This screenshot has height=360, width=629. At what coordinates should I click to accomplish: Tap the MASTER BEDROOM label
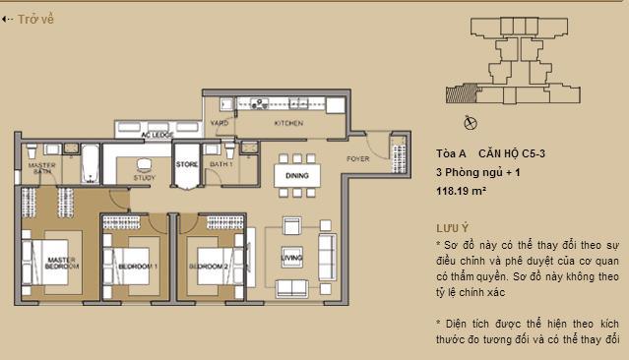point(61,263)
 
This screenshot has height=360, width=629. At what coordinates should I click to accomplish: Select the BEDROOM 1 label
point(138,267)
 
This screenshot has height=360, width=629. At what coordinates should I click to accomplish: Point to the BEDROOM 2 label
point(210,267)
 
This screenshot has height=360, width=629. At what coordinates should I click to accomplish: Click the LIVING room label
point(291,260)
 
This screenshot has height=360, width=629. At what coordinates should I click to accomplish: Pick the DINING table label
point(296,176)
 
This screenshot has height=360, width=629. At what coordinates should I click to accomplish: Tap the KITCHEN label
point(288,124)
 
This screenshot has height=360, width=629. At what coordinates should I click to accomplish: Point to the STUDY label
point(144,178)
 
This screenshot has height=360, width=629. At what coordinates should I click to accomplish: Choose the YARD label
point(220,124)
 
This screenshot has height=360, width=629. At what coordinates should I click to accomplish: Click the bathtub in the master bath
point(88,162)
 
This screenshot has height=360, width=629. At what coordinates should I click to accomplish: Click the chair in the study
point(144,164)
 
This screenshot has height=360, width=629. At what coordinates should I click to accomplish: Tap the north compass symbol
point(469,122)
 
